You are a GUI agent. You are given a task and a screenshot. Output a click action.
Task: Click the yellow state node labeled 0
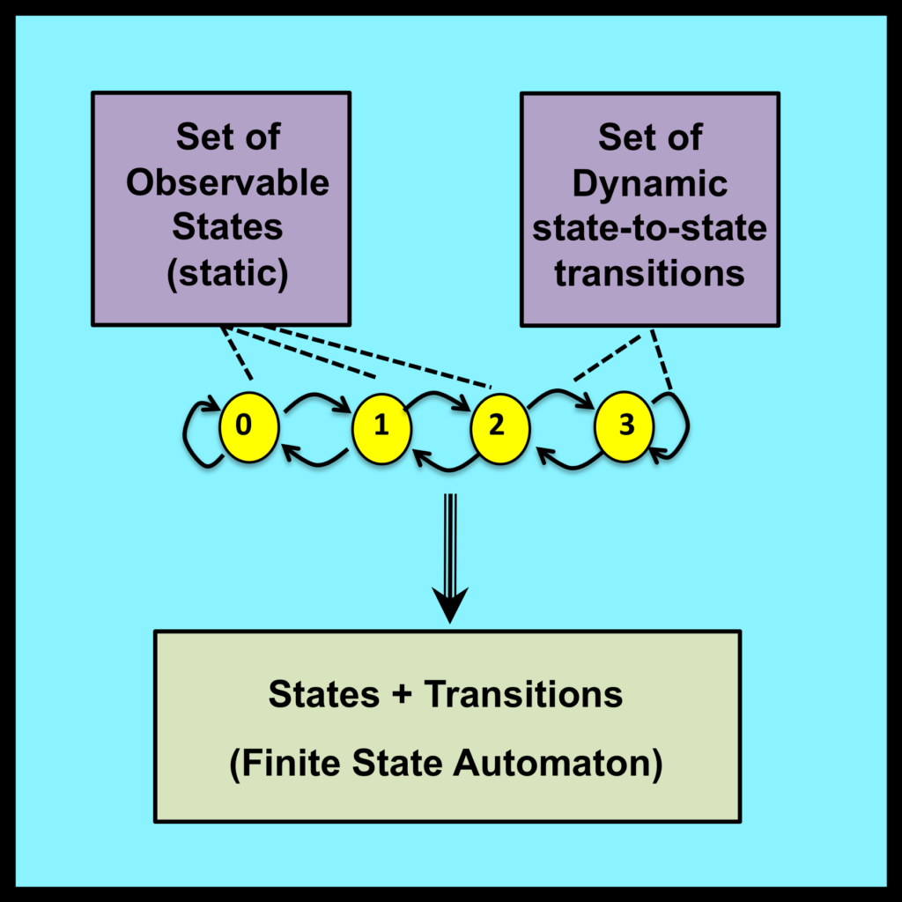click(248, 426)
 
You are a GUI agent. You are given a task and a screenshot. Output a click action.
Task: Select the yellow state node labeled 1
click(382, 427)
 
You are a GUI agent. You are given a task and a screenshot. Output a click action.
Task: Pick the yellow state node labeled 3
click(625, 426)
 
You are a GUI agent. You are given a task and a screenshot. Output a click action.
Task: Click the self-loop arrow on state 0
click(195, 434)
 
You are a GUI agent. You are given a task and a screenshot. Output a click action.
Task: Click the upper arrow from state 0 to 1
click(314, 401)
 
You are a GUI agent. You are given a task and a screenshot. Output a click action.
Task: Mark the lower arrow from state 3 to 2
click(564, 460)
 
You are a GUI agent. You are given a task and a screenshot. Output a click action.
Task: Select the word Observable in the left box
click(227, 183)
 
